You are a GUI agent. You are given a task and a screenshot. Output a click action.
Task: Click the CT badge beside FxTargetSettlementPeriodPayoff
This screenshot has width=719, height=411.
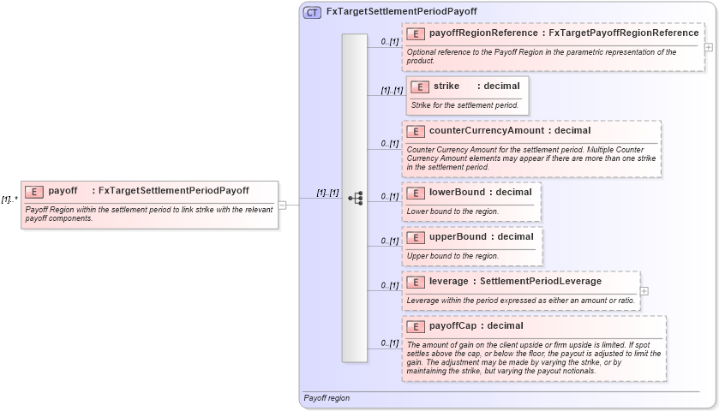(x=313, y=12)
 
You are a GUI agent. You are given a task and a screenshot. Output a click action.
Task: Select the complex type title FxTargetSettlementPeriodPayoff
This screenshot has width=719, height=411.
(x=401, y=12)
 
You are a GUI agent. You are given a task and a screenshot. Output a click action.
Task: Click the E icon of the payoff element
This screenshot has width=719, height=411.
(x=35, y=191)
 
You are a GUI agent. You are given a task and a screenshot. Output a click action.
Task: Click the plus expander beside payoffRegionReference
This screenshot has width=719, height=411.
(x=708, y=47)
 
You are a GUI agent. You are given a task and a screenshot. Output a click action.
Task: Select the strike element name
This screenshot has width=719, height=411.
(x=446, y=86)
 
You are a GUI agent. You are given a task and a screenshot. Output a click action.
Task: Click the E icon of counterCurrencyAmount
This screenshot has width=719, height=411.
(x=416, y=131)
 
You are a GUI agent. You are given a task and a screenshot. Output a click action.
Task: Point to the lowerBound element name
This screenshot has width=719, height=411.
(x=457, y=192)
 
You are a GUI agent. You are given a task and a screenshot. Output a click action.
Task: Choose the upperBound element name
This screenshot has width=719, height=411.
(x=458, y=236)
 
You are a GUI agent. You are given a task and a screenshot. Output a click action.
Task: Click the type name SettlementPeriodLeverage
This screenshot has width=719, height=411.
(x=540, y=281)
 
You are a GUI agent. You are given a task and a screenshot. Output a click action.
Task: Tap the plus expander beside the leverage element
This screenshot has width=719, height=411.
(x=644, y=291)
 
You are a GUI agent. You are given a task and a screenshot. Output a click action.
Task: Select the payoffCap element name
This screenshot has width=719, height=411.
(x=452, y=325)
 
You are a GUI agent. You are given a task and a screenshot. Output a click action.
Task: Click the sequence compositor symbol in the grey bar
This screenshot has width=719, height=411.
(x=355, y=199)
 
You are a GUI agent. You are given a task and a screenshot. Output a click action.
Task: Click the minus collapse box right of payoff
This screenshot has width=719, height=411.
(x=282, y=204)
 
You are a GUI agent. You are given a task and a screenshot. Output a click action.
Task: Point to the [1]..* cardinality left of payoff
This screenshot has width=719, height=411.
(x=9, y=200)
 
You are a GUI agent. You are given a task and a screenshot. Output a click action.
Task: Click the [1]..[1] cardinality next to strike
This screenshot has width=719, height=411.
(x=392, y=90)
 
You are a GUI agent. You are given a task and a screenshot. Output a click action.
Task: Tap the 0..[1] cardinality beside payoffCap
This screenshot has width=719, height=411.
(x=390, y=343)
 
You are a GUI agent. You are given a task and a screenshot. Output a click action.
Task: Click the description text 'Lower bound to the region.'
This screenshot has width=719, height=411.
(x=452, y=211)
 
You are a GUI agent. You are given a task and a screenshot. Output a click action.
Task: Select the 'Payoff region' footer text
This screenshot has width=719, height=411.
(x=327, y=398)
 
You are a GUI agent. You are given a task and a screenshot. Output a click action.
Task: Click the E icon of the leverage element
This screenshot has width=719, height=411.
(x=416, y=282)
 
